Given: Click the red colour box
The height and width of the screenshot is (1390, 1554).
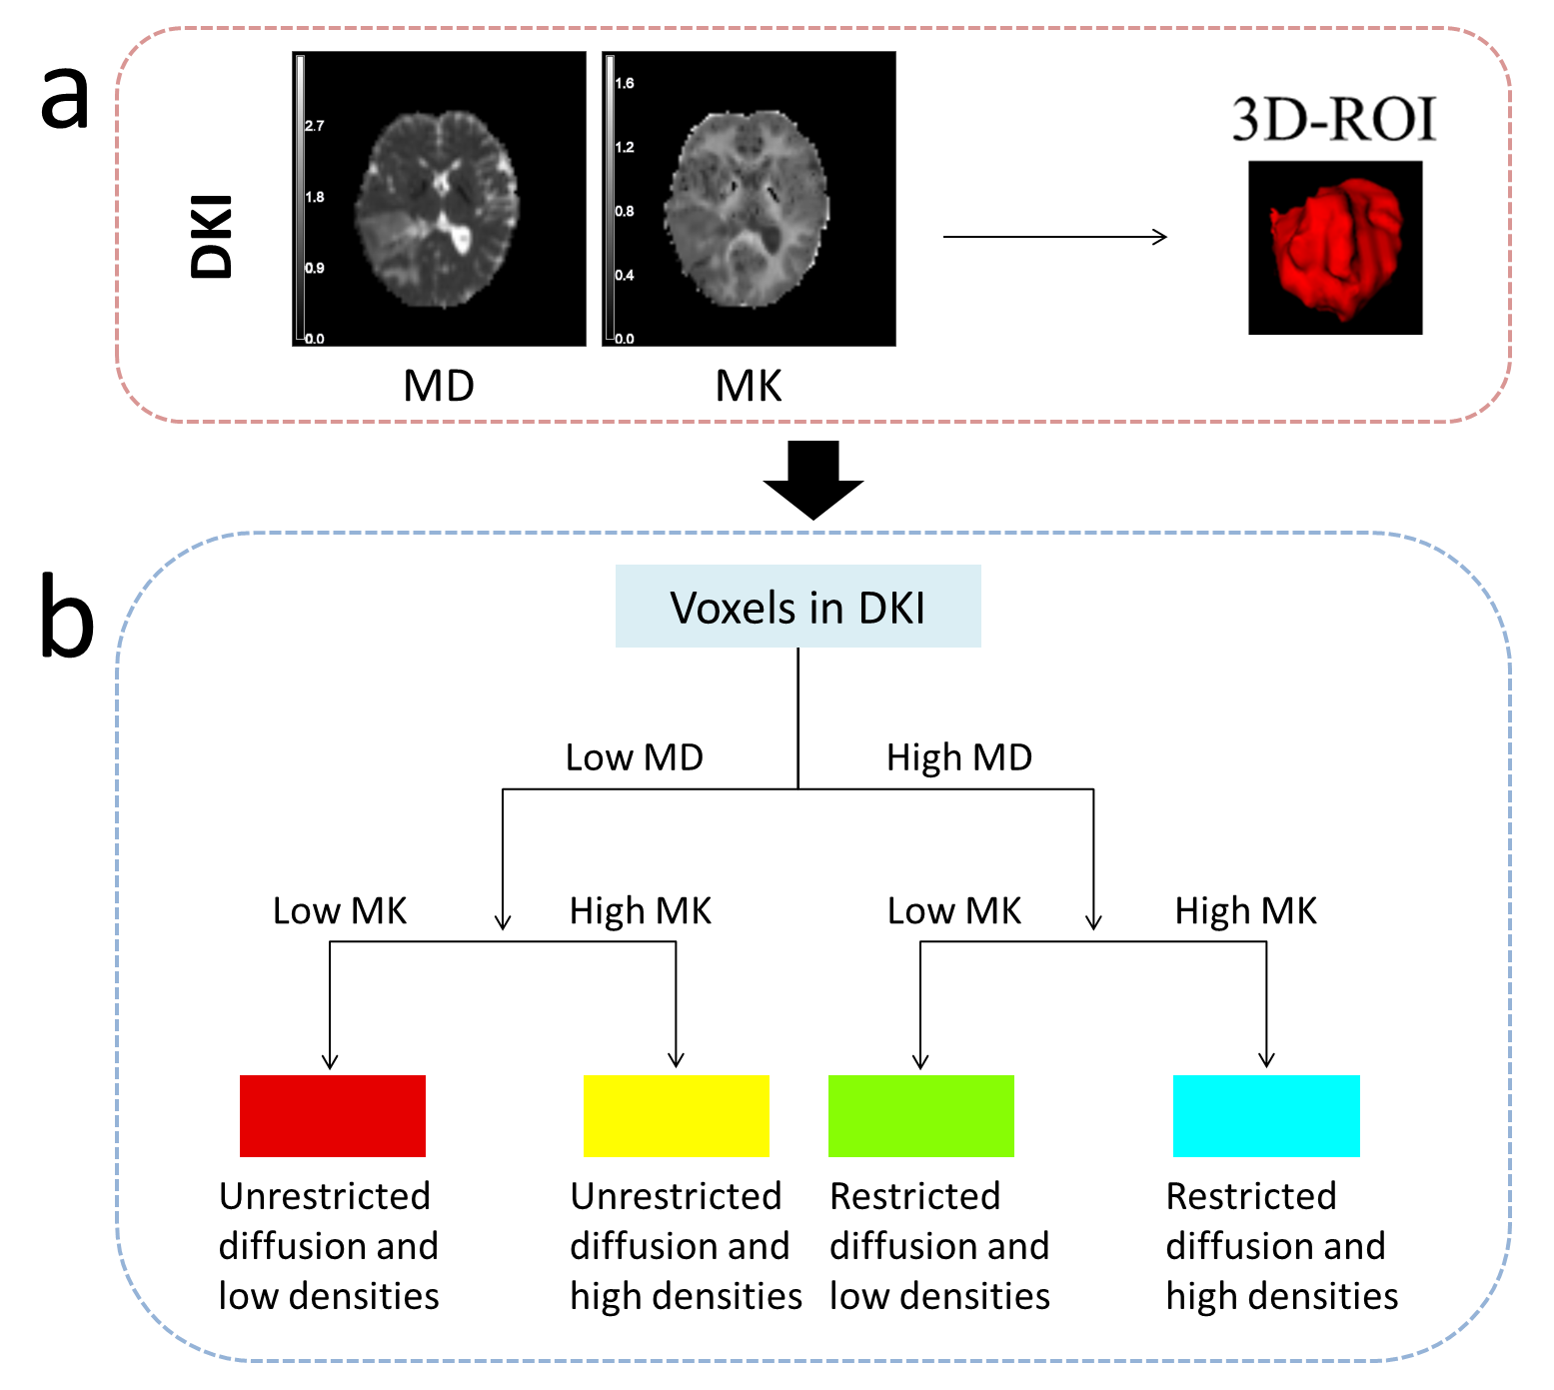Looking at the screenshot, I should [332, 1115].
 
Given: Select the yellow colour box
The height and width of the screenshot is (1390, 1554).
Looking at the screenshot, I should [676, 1115].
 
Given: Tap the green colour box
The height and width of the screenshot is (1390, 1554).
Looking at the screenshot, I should [920, 1115].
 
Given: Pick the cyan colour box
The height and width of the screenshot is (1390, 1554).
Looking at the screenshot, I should [1265, 1115].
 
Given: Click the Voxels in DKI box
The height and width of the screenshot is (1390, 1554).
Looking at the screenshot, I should [797, 607].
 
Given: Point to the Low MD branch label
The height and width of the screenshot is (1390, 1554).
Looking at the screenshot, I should [634, 757].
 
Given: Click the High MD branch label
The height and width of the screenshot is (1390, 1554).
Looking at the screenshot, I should [958, 757].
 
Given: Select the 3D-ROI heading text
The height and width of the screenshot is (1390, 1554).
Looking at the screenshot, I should [1333, 120].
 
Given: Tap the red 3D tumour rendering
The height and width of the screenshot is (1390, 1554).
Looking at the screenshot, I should [1334, 248].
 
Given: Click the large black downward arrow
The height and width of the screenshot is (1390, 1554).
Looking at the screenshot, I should [812, 479].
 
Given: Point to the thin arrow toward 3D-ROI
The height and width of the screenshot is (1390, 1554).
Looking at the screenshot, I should [1054, 237].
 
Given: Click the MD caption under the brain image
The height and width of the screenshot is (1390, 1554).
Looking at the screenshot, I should [438, 386].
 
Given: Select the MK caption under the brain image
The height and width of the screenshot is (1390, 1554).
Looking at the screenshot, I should [748, 386].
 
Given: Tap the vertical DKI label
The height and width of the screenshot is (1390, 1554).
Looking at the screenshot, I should [212, 236].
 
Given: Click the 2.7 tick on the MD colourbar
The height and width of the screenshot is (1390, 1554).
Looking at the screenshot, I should [314, 126].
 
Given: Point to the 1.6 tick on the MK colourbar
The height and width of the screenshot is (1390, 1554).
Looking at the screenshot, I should [624, 83].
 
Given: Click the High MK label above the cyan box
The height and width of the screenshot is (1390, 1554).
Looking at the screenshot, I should [1245, 910].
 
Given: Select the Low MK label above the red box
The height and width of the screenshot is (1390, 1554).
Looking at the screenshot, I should [340, 910].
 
